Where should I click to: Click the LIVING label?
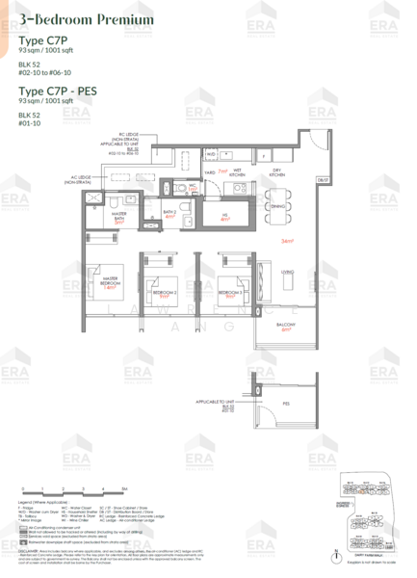(286, 273)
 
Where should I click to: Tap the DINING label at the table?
(277, 206)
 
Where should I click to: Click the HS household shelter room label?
(224, 216)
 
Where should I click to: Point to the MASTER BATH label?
(119, 216)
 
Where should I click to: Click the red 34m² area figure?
(286, 240)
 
